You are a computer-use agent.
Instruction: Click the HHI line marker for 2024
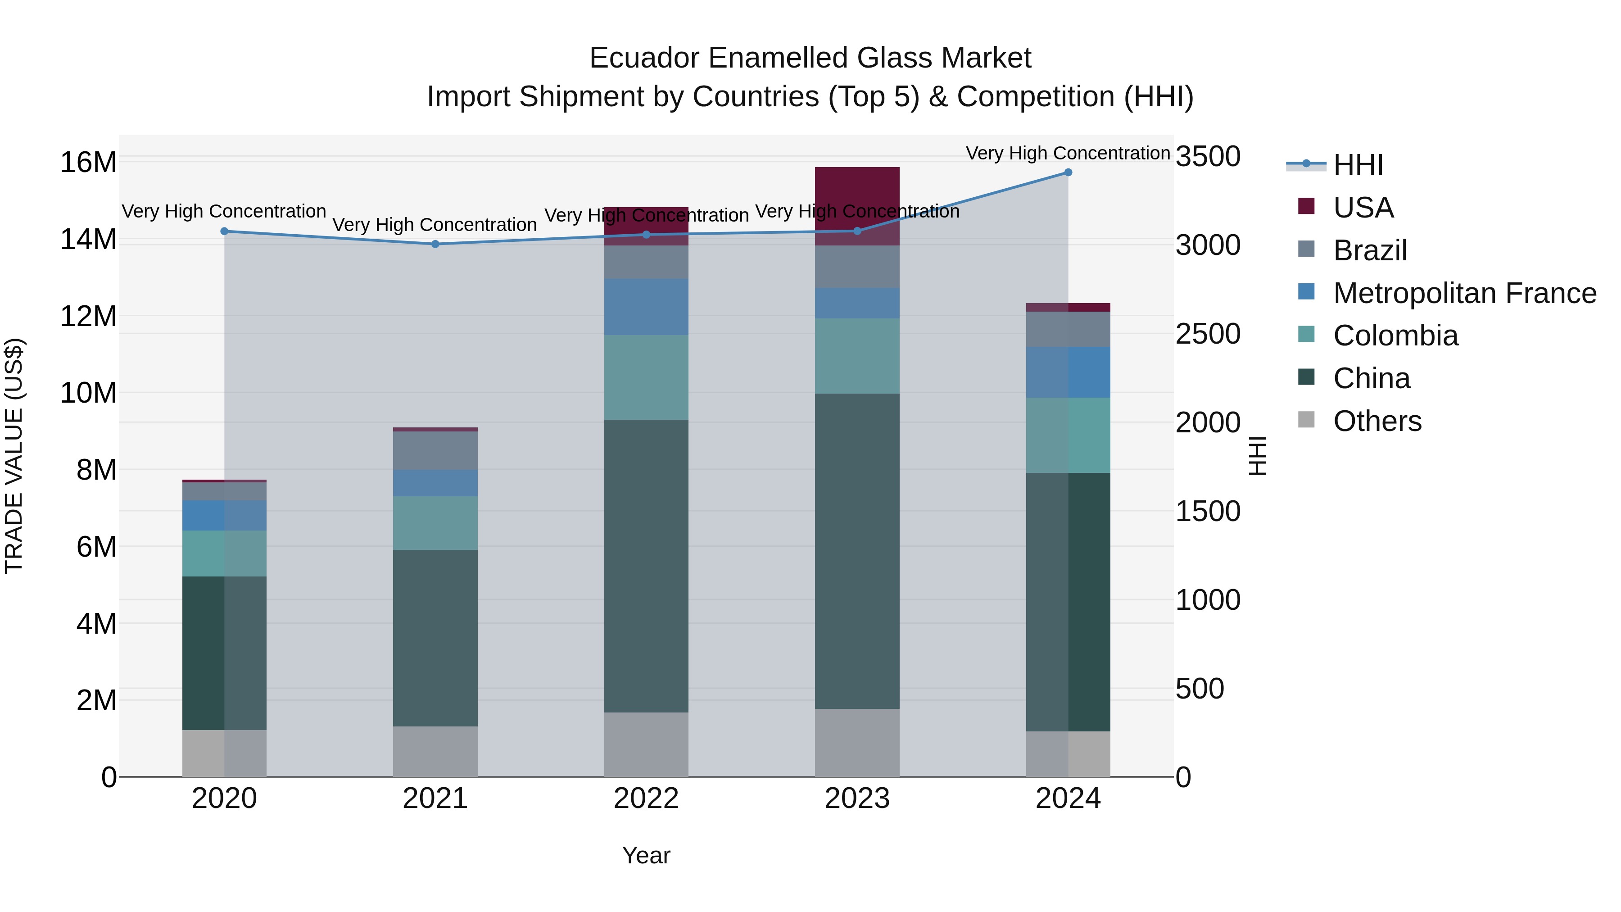click(1068, 172)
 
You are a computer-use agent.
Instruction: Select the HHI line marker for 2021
click(435, 244)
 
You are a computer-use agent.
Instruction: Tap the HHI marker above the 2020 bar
click(225, 231)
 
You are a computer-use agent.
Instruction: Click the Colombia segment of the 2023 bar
click(857, 356)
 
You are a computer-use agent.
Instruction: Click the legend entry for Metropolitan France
click(1464, 293)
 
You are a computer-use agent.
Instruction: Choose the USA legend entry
click(1363, 208)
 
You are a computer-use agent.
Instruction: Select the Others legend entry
click(1377, 421)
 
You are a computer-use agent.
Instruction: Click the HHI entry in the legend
click(1358, 165)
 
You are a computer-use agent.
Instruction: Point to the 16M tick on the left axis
click(88, 163)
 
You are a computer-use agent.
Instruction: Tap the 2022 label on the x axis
click(646, 799)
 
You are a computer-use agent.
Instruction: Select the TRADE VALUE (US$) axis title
click(14, 456)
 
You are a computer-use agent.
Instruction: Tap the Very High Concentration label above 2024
click(1068, 153)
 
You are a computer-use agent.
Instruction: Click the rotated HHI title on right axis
click(1257, 456)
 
